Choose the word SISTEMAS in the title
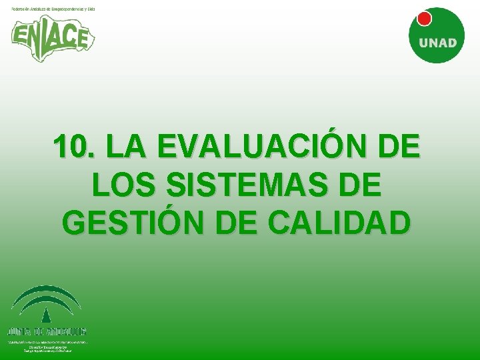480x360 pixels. [x=245, y=185]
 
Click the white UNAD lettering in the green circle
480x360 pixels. [x=437, y=43]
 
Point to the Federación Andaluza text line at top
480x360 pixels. [x=53, y=9]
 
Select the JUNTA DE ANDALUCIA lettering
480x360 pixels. [x=47, y=331]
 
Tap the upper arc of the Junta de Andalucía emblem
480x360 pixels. [x=47, y=292]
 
